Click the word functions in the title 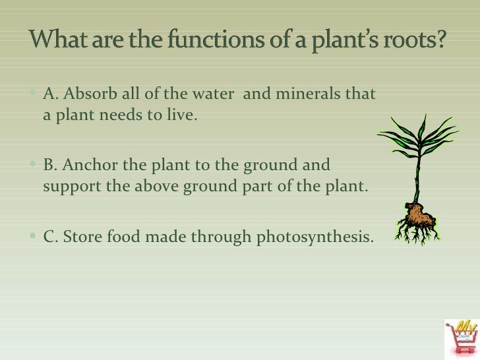pyautogui.click(x=218, y=43)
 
